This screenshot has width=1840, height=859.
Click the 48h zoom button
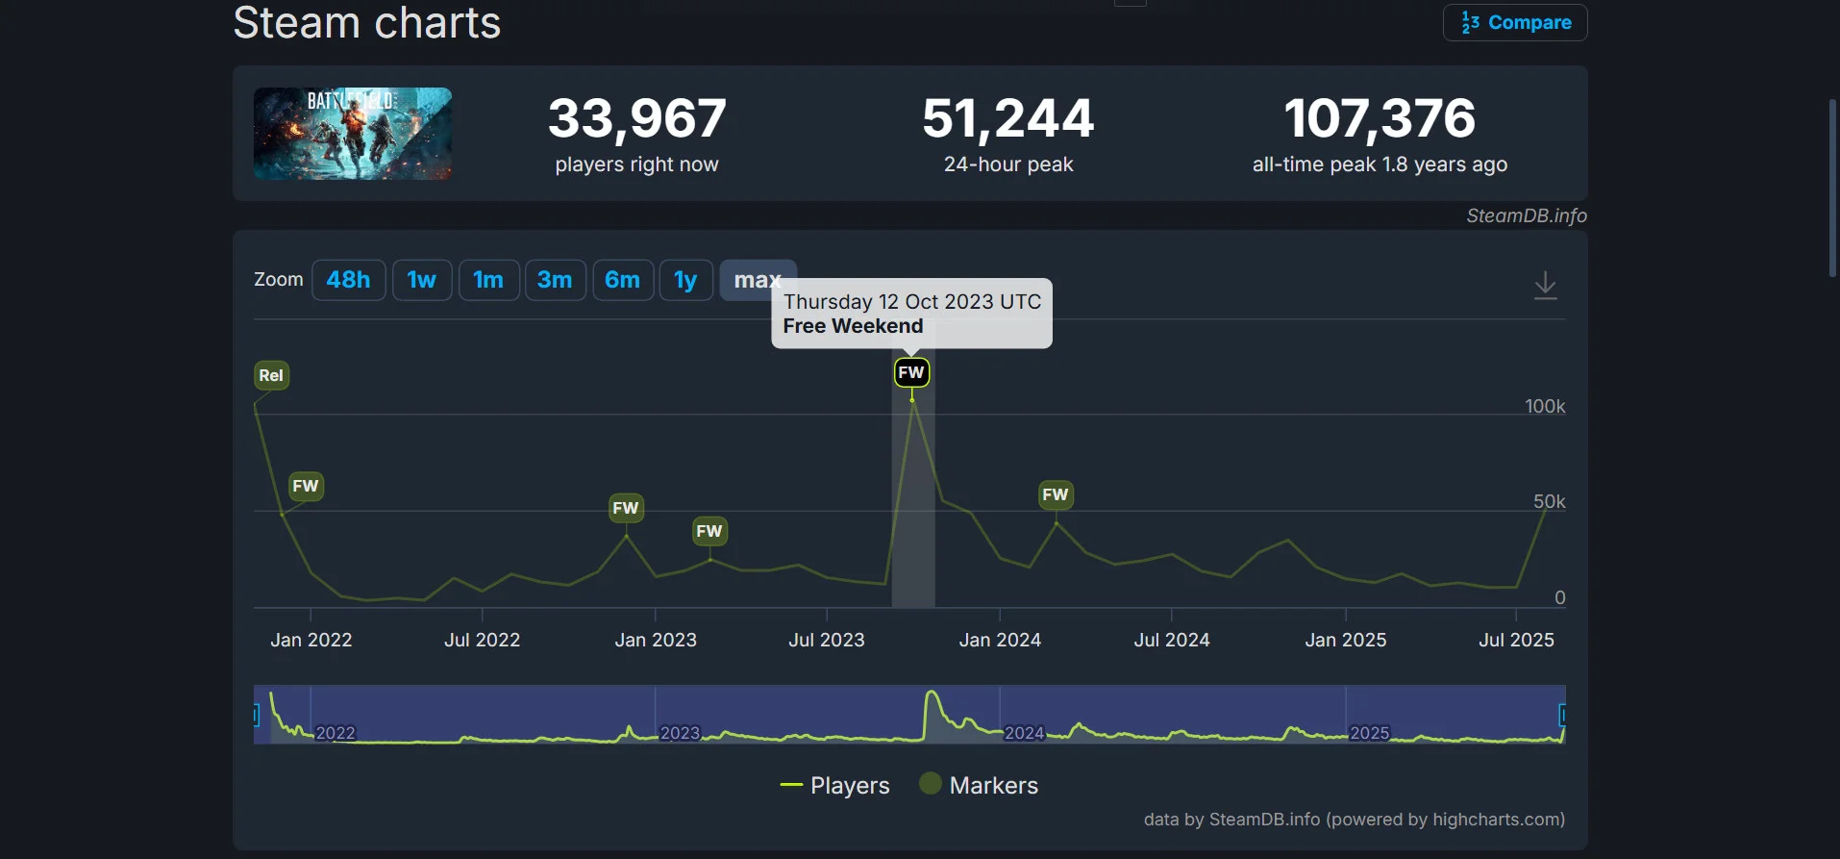(348, 280)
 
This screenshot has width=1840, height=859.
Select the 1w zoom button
(421, 280)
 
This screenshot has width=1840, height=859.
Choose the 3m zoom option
(555, 280)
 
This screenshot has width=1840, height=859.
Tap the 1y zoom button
(685, 280)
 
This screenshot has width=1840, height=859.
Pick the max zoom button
(757, 280)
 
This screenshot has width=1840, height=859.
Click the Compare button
(1515, 22)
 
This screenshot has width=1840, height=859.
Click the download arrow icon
(1545, 286)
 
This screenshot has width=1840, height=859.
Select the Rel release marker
(271, 375)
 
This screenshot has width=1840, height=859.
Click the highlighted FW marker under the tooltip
(911, 372)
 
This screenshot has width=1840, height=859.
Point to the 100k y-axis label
(1544, 406)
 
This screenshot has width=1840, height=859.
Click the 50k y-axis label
(1548, 501)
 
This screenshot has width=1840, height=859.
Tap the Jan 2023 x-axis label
(656, 640)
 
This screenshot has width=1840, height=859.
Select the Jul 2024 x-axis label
(1171, 640)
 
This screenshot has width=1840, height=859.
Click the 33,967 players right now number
(636, 118)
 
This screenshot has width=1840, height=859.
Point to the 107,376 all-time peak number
(1380, 118)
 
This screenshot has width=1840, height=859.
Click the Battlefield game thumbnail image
(353, 134)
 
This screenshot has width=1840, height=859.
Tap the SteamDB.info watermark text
(1526, 215)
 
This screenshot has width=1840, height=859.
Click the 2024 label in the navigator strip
(1024, 733)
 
